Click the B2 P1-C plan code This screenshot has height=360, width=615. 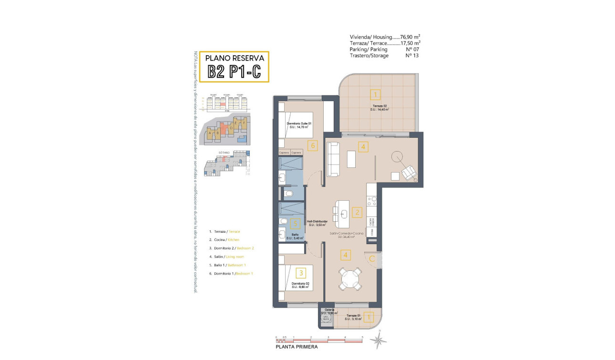point(234,72)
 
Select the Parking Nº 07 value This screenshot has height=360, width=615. point(411,49)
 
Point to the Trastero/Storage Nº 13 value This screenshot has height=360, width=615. point(411,55)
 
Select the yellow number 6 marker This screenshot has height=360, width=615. point(312,146)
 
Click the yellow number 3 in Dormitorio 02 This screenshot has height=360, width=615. point(301,273)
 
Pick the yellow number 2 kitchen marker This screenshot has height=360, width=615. point(356,213)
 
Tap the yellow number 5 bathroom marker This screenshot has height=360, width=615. point(296,223)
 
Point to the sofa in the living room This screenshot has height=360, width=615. point(333,159)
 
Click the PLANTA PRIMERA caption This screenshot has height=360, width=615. point(297,347)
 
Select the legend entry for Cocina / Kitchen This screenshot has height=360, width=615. point(224,240)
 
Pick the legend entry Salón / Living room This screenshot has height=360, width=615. point(227,257)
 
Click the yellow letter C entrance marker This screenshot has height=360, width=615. point(372,258)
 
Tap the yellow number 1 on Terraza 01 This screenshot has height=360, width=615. point(368,316)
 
